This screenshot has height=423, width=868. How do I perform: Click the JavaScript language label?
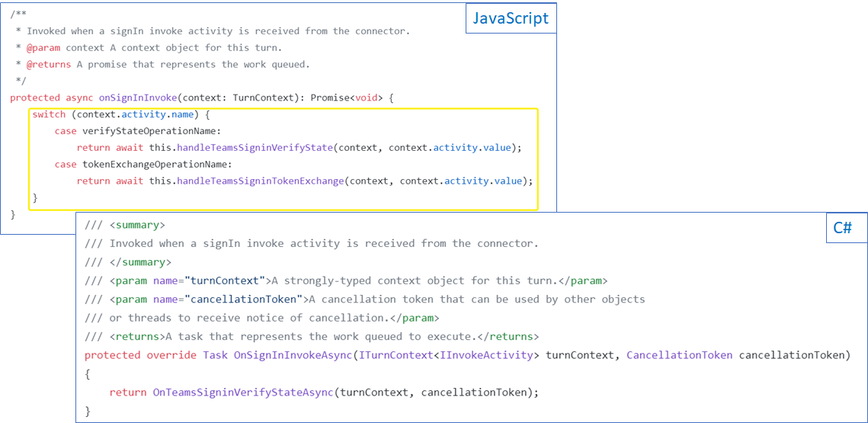click(x=510, y=18)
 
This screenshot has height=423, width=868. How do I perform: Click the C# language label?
click(x=842, y=227)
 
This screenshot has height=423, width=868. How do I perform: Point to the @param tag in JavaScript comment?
click(x=43, y=47)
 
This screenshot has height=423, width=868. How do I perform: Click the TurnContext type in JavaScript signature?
click(x=260, y=98)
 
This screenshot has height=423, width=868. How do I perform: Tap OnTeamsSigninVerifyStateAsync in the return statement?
click(x=244, y=393)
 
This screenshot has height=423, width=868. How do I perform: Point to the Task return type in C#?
click(x=216, y=355)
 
